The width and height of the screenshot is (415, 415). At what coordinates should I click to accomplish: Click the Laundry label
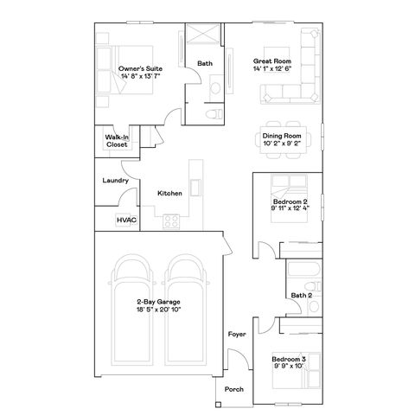(115, 181)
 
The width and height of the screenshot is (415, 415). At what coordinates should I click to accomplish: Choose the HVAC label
(126, 220)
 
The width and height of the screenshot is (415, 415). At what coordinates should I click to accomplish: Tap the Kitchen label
(169, 193)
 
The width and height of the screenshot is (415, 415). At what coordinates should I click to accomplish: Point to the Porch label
(233, 389)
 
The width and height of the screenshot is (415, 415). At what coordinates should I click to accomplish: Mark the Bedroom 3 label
(288, 358)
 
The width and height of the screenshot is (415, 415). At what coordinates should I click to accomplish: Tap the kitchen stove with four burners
(171, 220)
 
